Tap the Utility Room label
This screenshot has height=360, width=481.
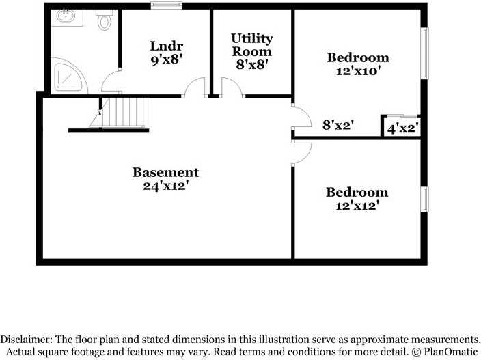click(251, 44)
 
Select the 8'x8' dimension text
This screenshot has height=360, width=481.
click(251, 65)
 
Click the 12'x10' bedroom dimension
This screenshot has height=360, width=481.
click(358, 70)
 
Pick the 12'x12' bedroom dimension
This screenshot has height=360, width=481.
click(357, 205)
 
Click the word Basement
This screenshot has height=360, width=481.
click(165, 172)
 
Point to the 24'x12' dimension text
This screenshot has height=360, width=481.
click(165, 185)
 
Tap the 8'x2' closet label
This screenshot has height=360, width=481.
click(338, 125)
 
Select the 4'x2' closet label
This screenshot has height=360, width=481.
click(402, 127)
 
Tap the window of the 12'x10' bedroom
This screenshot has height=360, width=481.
click(424, 54)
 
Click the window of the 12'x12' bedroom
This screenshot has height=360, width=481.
click(424, 199)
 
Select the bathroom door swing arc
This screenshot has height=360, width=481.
click(110, 83)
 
